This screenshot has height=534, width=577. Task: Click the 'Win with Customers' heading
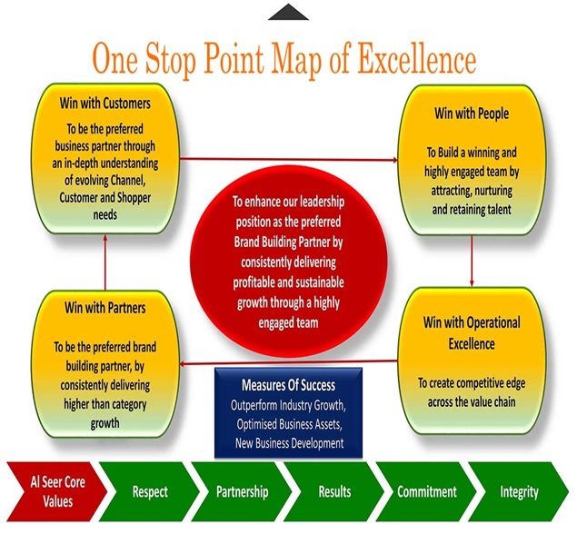click(105, 104)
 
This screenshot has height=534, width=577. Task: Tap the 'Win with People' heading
click(472, 114)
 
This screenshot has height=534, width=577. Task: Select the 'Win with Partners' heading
click(105, 308)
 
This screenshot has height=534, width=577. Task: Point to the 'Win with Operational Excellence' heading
click(472, 333)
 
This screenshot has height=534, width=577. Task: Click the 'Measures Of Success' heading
click(289, 385)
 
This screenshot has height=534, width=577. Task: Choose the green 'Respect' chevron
click(149, 491)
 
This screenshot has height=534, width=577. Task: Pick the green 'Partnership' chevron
click(242, 491)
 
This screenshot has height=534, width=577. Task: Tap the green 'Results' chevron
click(334, 491)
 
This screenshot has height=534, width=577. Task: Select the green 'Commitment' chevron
click(426, 491)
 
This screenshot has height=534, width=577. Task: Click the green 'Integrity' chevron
click(519, 491)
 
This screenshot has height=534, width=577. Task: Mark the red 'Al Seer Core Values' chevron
click(57, 491)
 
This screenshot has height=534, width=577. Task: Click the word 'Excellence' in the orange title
click(417, 59)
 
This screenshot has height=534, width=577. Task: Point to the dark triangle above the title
click(289, 13)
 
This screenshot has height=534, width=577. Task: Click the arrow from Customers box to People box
click(289, 159)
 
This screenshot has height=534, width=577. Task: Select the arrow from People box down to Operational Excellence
click(472, 261)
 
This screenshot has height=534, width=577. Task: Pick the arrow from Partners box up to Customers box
click(105, 262)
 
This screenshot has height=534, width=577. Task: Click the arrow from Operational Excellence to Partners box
click(289, 362)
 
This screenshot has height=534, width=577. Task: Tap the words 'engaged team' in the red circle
click(289, 323)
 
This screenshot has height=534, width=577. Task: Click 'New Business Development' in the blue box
click(290, 443)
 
